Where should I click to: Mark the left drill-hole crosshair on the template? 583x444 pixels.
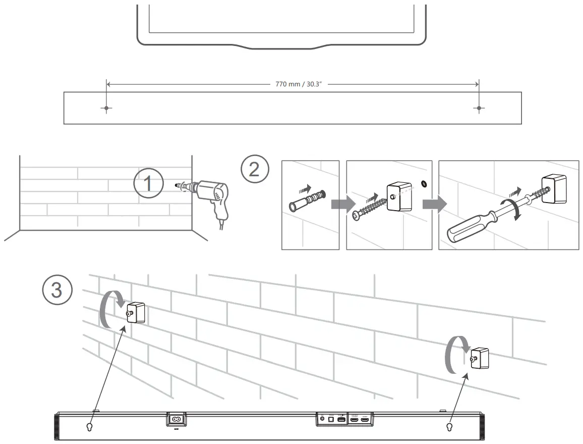click(106, 108)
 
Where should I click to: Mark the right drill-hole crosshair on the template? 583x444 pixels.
click(479, 108)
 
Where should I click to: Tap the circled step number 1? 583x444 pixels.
click(148, 184)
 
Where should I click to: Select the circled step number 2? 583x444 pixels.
click(254, 169)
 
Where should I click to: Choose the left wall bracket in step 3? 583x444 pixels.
click(136, 313)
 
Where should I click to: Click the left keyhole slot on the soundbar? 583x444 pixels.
click(90, 427)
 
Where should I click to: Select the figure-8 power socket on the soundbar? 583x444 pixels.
click(177, 419)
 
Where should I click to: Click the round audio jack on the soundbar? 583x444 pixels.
click(322, 419)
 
